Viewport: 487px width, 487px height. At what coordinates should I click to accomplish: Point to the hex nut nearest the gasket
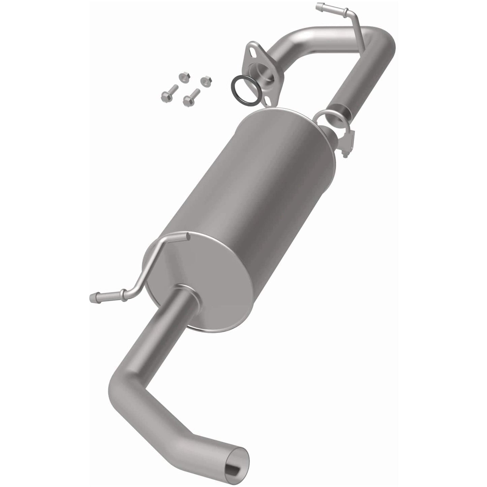click(x=204, y=81)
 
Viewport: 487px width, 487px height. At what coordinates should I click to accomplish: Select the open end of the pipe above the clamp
click(x=340, y=116)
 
